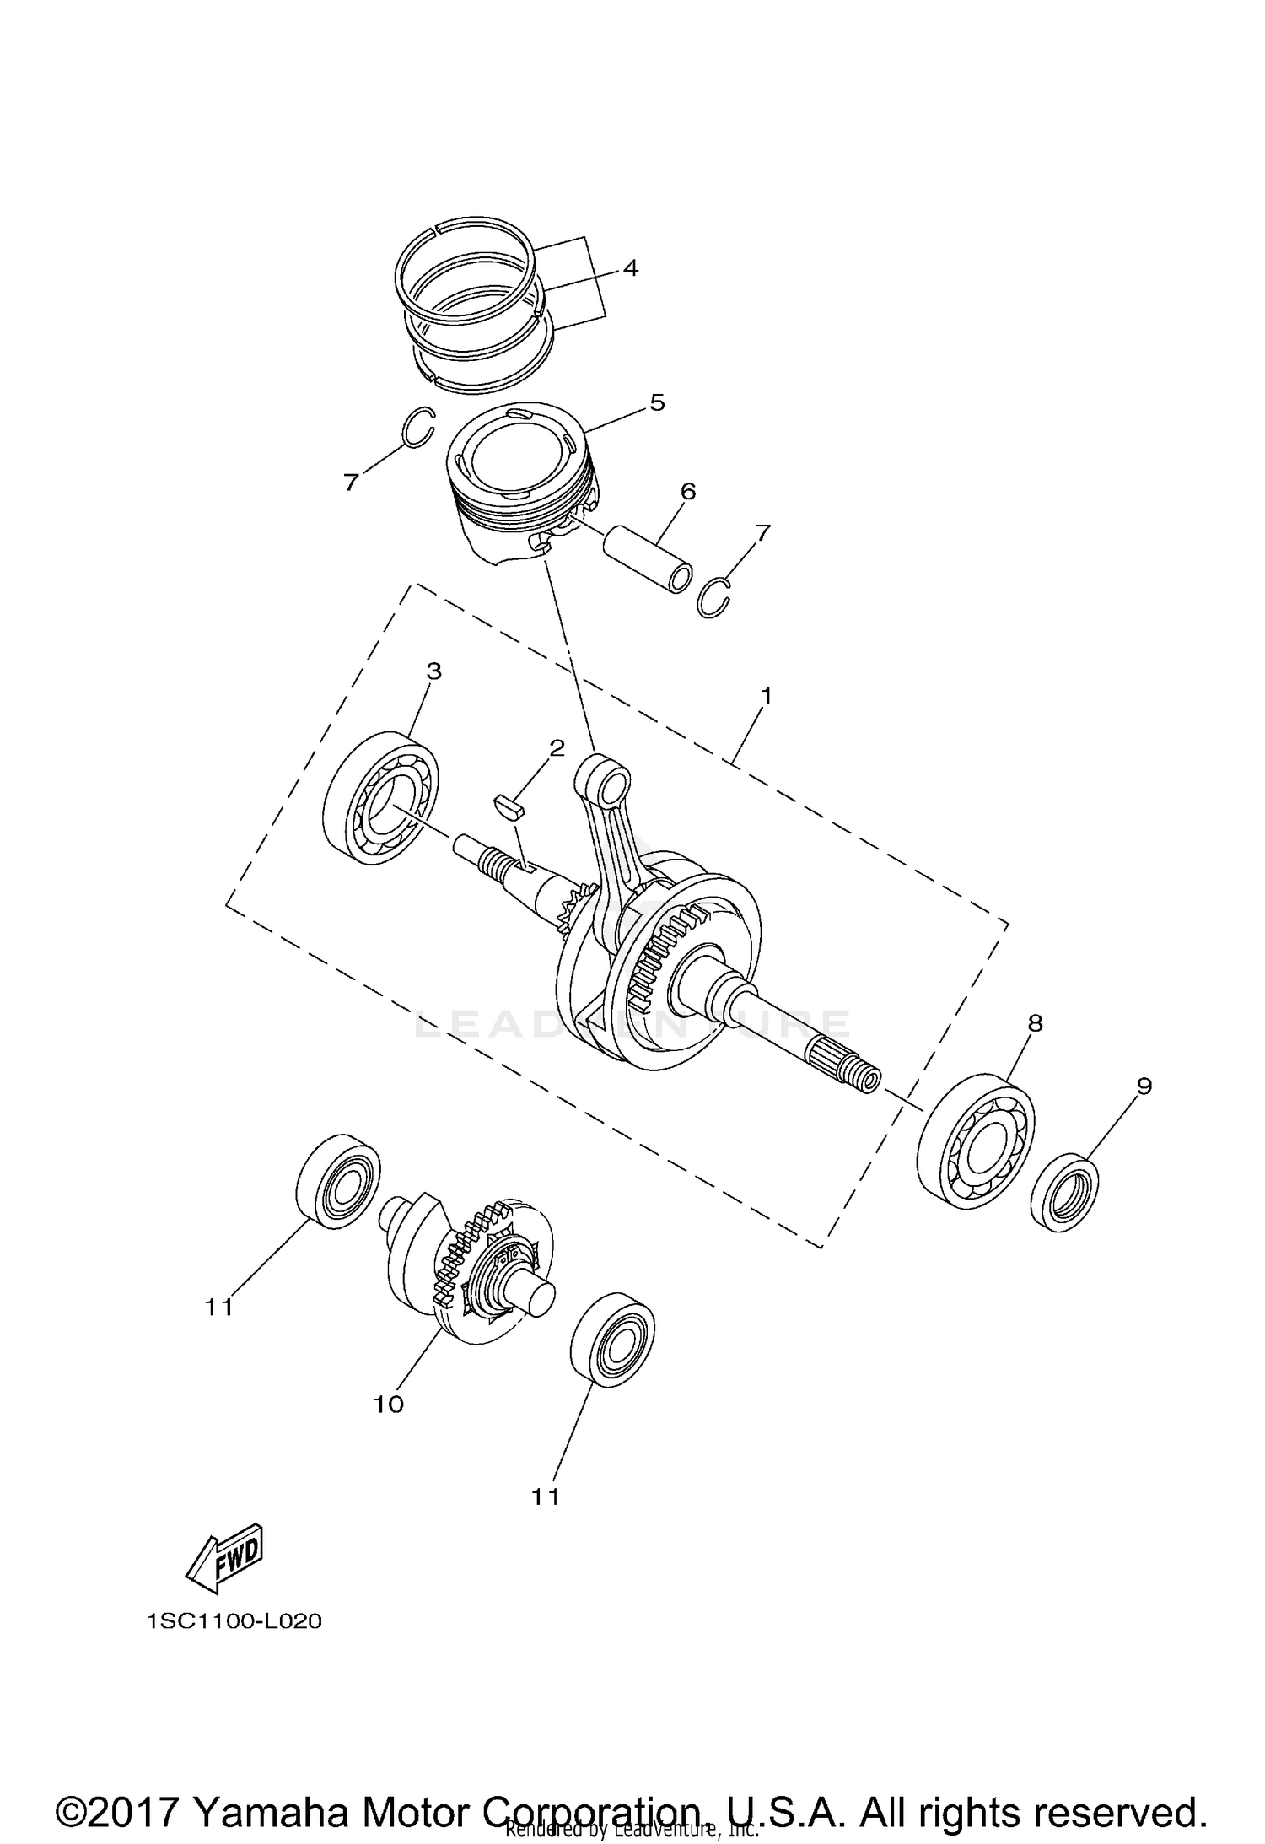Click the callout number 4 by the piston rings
coord(630,269)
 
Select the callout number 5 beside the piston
coord(657,402)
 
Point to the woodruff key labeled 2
coord(509,805)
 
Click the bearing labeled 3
coord(381,798)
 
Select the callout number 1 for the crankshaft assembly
coord(766,695)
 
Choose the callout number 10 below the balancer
coord(390,1404)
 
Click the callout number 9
coord(1144,1086)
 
